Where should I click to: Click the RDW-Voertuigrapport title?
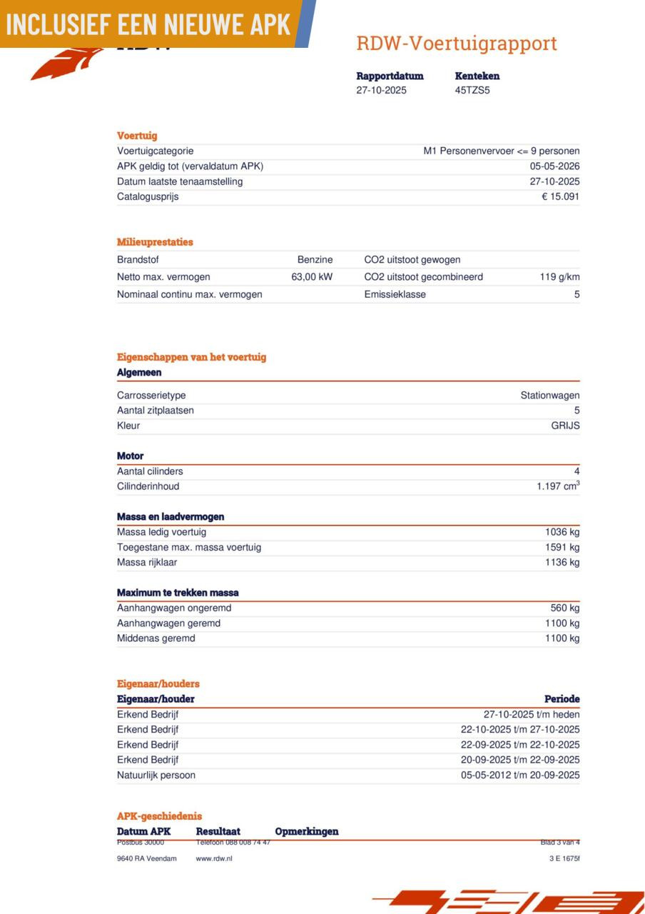click(456, 44)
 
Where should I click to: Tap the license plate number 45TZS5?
click(472, 90)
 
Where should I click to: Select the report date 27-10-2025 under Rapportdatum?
click(382, 90)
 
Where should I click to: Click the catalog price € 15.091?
click(560, 196)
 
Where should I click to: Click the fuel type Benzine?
click(315, 260)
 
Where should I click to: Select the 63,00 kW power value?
click(312, 277)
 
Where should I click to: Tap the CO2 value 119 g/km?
click(559, 277)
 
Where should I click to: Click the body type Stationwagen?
click(549, 396)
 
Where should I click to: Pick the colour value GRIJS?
click(566, 426)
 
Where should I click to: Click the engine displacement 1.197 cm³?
click(558, 486)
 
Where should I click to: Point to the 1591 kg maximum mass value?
click(562, 548)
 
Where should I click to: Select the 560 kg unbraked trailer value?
click(565, 608)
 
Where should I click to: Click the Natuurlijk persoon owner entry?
click(156, 775)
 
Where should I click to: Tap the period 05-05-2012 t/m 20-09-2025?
click(520, 775)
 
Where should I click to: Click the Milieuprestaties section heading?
click(155, 242)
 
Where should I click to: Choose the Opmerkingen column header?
click(307, 831)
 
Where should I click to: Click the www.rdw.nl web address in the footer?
click(214, 858)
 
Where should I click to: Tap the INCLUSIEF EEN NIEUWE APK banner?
click(148, 24)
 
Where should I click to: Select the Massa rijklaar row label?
click(147, 563)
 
